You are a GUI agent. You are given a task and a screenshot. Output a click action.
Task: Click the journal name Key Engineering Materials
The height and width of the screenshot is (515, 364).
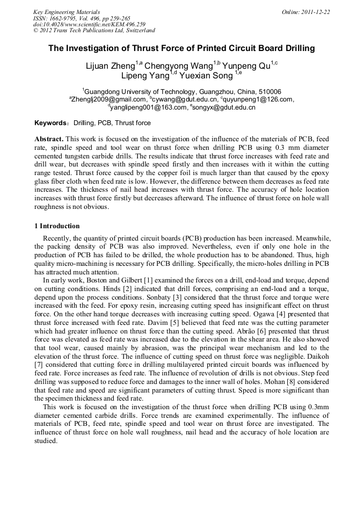click(67, 12)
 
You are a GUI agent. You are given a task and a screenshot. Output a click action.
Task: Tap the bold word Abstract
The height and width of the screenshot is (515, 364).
click(49, 139)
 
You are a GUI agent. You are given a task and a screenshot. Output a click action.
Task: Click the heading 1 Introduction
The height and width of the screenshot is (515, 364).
click(56, 226)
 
